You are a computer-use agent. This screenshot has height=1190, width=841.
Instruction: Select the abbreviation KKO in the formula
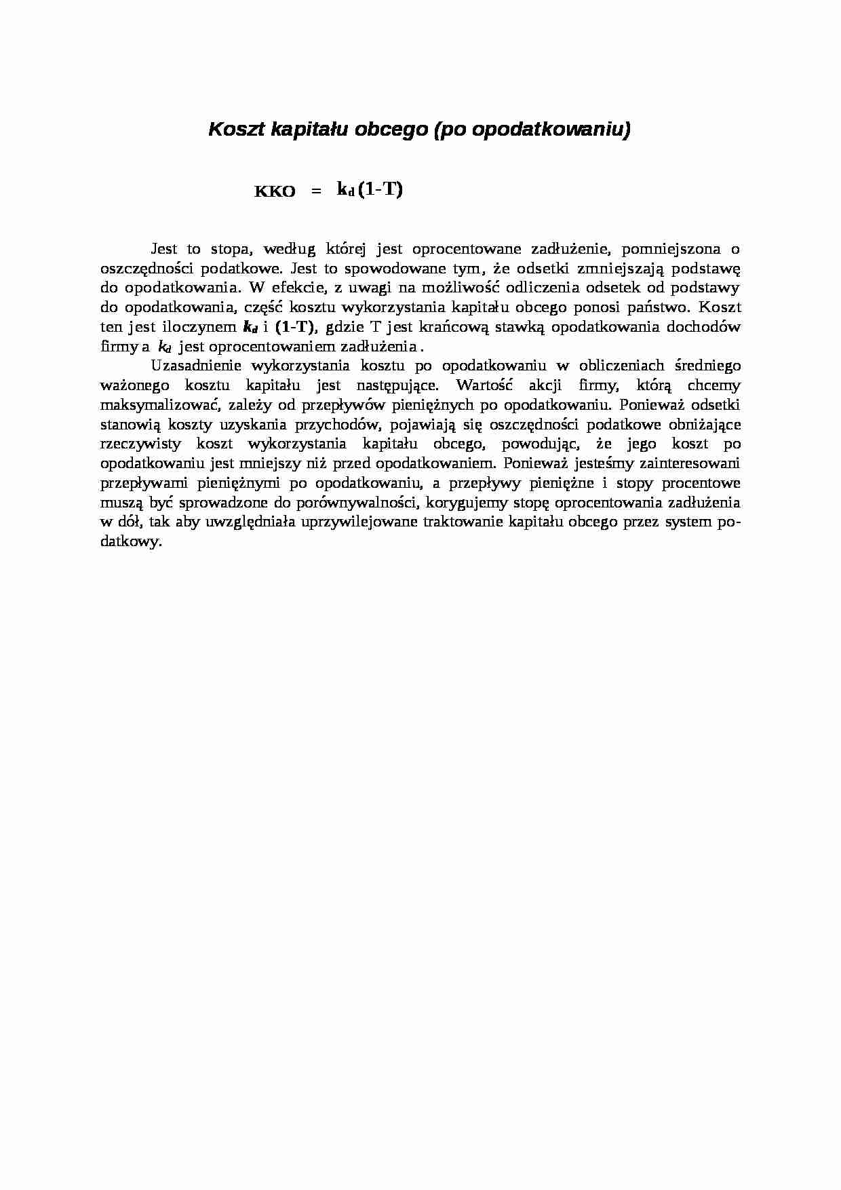point(275,192)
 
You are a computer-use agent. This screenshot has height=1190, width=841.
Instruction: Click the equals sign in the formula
point(314,192)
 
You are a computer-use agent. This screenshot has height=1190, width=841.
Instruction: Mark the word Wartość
point(484,385)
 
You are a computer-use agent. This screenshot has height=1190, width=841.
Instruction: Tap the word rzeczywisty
point(140,444)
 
